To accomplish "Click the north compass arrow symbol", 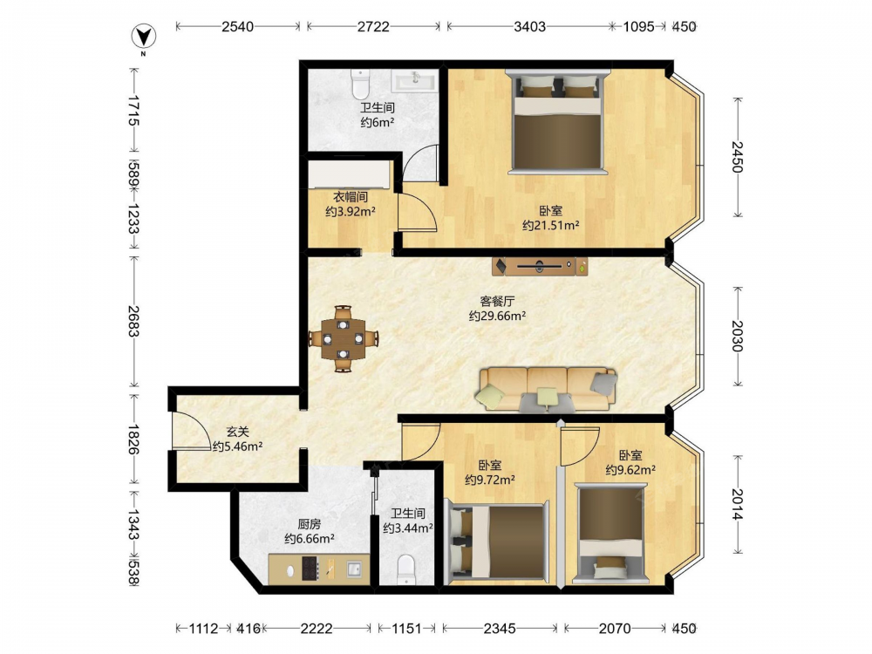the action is [144, 37].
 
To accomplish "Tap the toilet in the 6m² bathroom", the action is [361, 84].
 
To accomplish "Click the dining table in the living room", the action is [344, 338].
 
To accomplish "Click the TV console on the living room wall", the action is [540, 266].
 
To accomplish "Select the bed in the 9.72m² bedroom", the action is [497, 542].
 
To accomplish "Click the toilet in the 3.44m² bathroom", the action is [407, 569].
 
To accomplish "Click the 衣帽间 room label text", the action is [351, 197].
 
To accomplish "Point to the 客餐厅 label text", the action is [497, 302].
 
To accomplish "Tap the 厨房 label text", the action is [310, 524].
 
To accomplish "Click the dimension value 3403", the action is [529, 26].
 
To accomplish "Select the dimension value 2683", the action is [133, 321].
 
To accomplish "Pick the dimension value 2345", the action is [500, 629].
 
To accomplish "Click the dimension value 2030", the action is [737, 336].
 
